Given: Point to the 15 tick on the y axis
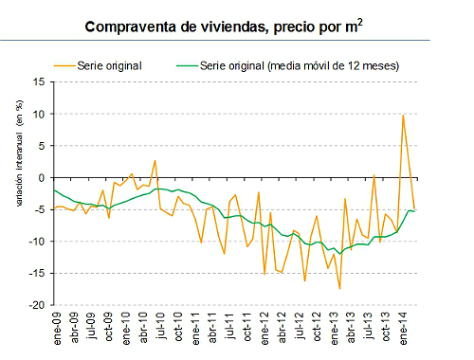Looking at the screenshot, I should pos(40,81).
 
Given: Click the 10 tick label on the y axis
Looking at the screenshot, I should pos(40,114).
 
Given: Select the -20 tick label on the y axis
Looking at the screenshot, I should pos(39,306).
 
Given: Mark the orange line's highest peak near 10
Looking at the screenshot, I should pos(403,116).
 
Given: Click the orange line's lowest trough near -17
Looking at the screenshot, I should pos(339,288).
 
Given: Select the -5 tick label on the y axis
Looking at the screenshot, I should pos(42,210).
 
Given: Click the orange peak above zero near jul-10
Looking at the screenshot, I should pos(155,161).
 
